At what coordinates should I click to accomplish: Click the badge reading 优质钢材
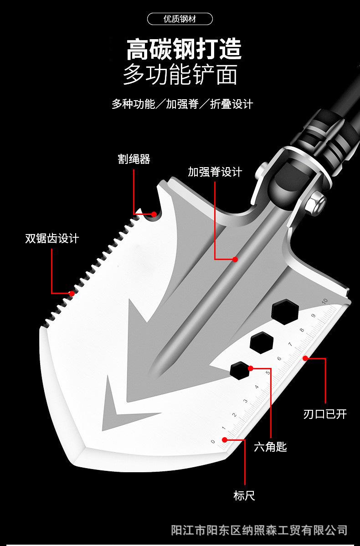click(180, 19)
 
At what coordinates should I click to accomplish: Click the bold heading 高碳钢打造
click(184, 50)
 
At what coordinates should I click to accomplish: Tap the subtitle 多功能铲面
click(180, 75)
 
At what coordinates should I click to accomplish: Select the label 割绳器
click(134, 159)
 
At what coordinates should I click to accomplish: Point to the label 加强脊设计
click(215, 172)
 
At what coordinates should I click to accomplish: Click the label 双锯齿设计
click(52, 238)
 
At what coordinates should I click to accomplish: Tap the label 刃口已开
click(325, 413)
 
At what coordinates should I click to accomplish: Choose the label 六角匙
click(270, 447)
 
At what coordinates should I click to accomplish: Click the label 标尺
click(244, 495)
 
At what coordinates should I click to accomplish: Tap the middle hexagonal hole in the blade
click(262, 341)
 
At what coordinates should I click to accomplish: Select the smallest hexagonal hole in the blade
click(239, 370)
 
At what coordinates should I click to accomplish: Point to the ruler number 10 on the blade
click(324, 301)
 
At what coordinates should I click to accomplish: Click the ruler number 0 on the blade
click(213, 441)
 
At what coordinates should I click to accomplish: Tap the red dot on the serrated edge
click(72, 294)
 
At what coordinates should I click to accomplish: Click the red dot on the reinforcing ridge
click(235, 259)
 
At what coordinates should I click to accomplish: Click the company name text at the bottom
click(259, 530)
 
